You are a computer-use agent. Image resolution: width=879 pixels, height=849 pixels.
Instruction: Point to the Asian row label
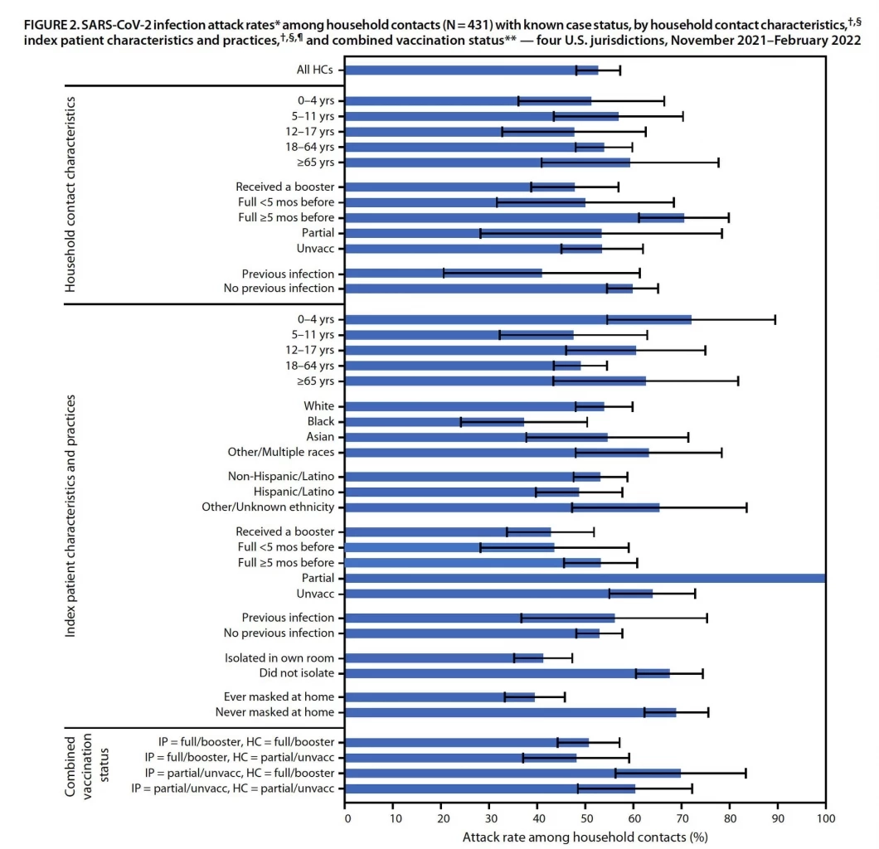click(x=319, y=437)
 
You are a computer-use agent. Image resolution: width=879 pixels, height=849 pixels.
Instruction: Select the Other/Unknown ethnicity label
click(x=268, y=507)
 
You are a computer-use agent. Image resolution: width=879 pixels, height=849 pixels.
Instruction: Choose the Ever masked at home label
click(x=279, y=696)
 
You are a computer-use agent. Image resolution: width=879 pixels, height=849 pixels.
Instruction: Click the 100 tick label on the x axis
click(x=826, y=817)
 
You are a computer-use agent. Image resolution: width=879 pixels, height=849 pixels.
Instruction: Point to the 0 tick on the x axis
click(x=346, y=817)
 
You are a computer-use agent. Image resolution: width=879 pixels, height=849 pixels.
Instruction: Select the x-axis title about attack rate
click(x=585, y=836)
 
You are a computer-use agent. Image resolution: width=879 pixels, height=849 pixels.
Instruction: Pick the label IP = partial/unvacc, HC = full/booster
click(x=233, y=773)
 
